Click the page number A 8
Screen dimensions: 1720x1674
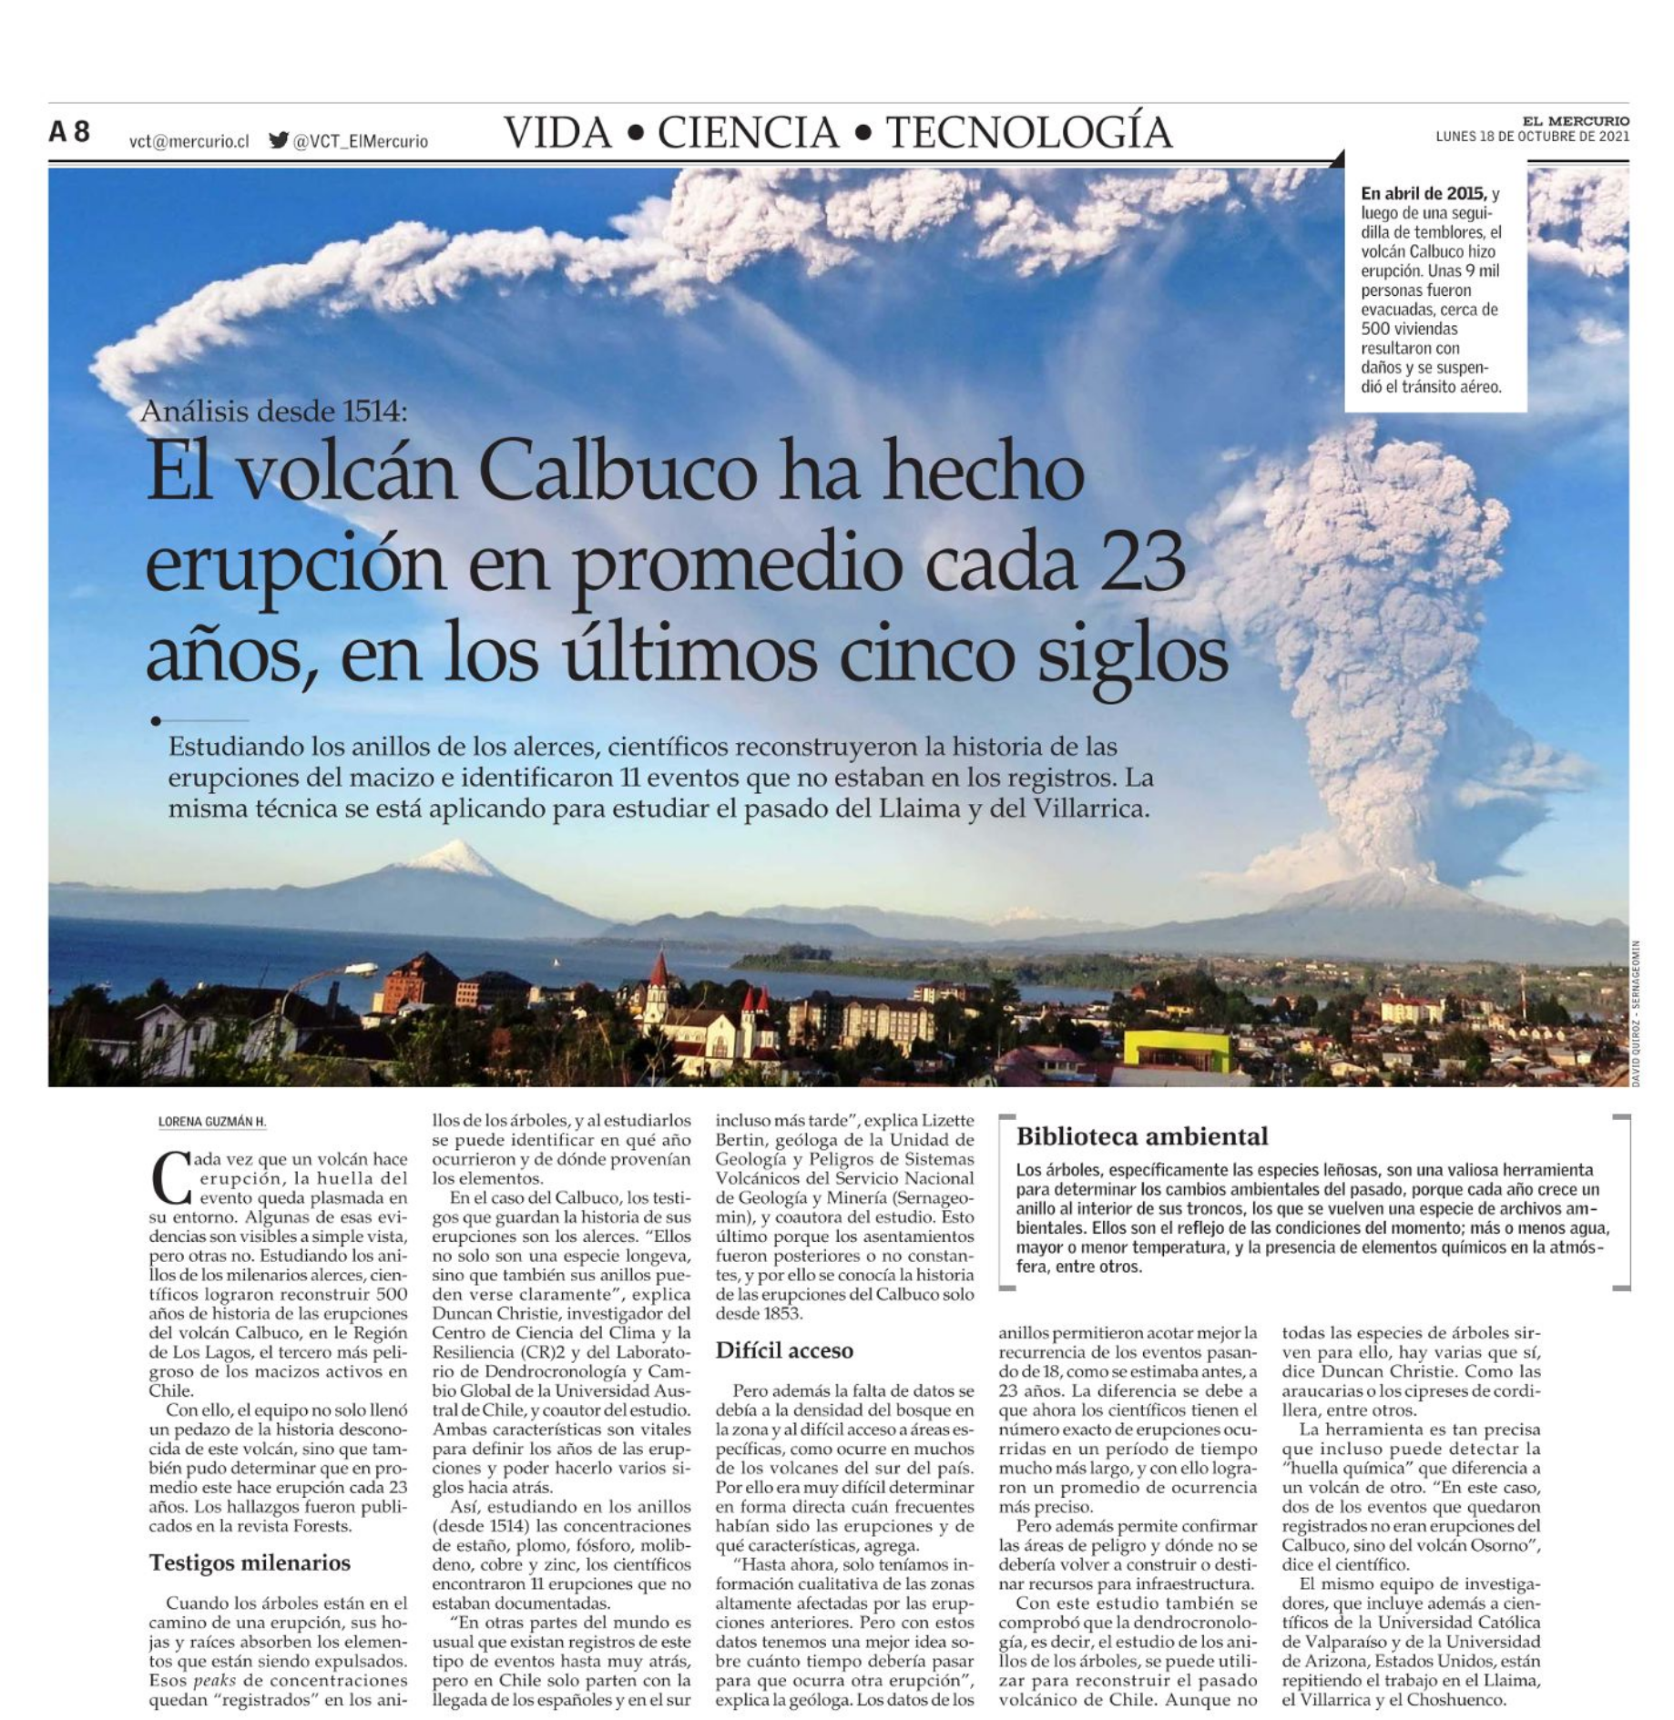pos(69,132)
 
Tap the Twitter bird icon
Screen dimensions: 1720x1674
pos(279,140)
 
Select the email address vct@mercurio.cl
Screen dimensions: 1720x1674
pos(189,141)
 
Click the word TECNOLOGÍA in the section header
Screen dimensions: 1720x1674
pos(1028,132)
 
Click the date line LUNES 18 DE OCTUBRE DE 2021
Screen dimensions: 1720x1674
pos(1532,137)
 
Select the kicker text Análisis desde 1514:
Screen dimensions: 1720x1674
pos(273,412)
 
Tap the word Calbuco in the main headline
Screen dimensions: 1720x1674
pos(617,472)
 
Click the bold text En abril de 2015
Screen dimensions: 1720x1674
pos(1423,194)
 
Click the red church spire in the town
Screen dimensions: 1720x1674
pos(658,972)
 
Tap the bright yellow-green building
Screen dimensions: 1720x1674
pos(1177,1052)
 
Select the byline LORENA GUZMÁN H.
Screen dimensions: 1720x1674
pos(212,1122)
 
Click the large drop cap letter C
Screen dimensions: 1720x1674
pos(170,1177)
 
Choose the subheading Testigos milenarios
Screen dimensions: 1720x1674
pos(250,1562)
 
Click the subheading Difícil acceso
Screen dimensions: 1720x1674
pos(783,1350)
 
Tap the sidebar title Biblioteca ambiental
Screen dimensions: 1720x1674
pos(1141,1136)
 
